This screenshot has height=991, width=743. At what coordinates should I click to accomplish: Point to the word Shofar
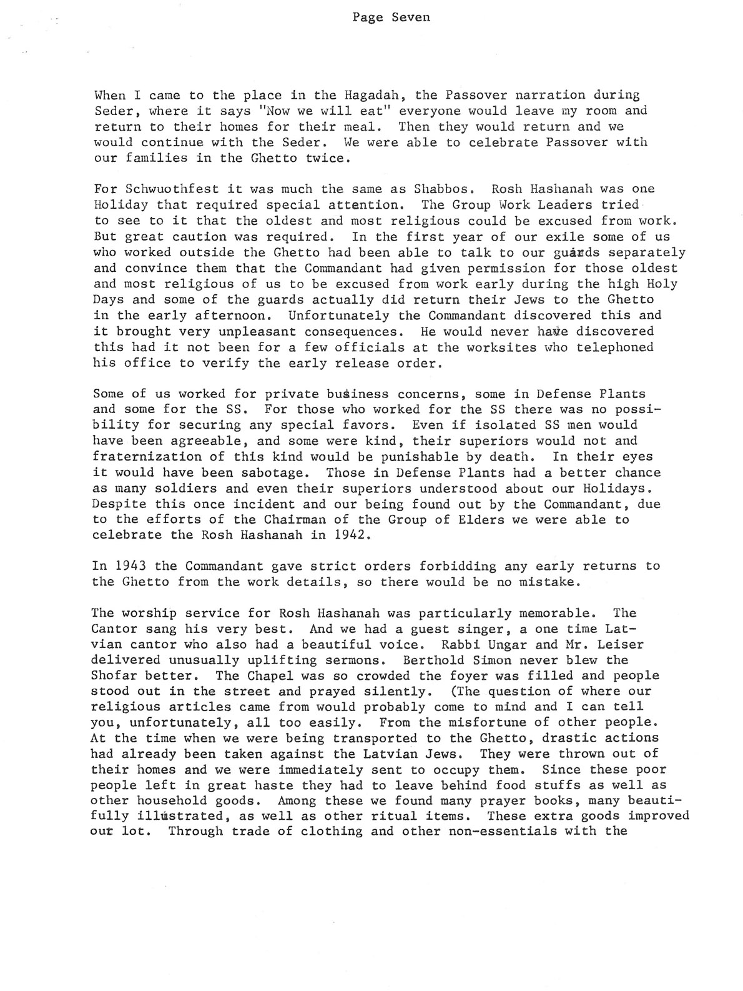click(x=113, y=675)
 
